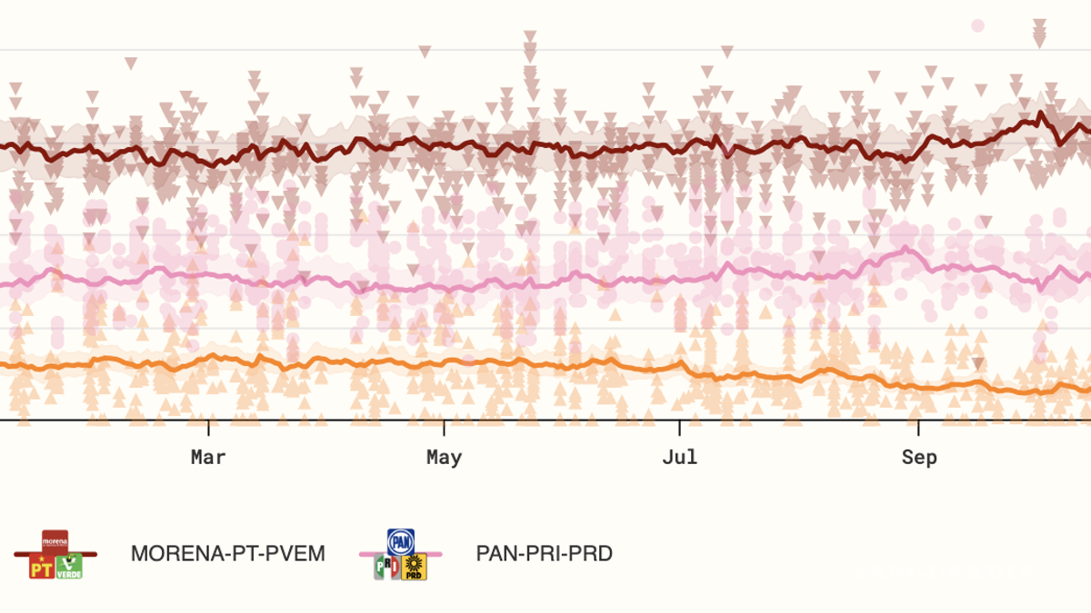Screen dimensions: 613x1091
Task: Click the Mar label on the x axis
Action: (x=208, y=458)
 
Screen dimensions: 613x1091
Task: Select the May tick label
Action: (x=444, y=458)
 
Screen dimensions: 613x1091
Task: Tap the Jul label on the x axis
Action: (x=679, y=458)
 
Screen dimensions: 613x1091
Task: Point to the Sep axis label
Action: (x=918, y=458)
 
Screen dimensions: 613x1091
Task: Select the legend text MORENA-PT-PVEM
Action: (x=227, y=553)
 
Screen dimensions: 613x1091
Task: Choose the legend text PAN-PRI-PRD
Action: (x=544, y=553)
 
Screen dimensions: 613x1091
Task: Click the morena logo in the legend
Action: (x=55, y=542)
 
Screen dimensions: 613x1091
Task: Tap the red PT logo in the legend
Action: (x=42, y=568)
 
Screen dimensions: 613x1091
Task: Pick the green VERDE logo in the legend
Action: (x=69, y=568)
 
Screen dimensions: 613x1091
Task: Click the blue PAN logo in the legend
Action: (x=401, y=542)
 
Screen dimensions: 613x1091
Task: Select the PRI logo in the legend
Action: (x=386, y=568)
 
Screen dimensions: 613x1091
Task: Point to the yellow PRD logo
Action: (x=415, y=568)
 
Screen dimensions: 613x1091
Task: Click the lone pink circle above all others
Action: (x=977, y=25)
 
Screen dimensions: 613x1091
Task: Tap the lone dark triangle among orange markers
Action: (x=977, y=364)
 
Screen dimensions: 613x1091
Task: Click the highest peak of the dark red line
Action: (x=1040, y=114)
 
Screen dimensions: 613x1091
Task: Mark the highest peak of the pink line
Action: (x=906, y=248)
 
